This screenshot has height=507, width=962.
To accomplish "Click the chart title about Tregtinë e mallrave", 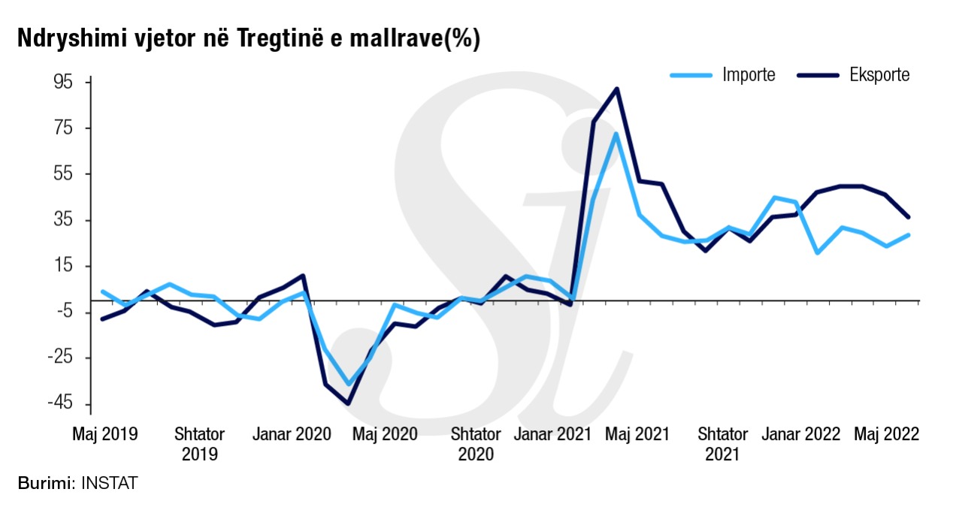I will click(x=248, y=39).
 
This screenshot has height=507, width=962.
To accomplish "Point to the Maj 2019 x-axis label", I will click(x=104, y=435).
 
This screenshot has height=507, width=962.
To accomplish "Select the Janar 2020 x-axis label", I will click(x=291, y=435).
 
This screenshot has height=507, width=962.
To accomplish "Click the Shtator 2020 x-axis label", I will click(x=475, y=444).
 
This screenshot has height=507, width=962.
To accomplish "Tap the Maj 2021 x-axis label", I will click(x=638, y=435).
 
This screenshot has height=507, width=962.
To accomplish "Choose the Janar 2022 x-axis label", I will click(x=800, y=435).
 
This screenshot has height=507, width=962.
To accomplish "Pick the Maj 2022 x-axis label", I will click(x=886, y=435).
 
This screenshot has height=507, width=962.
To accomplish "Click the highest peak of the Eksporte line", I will click(x=617, y=89).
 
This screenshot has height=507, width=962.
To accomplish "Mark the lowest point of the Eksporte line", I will click(x=348, y=403).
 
